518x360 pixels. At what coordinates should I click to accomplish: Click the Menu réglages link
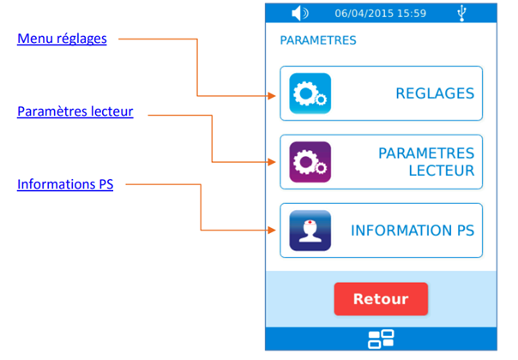62,39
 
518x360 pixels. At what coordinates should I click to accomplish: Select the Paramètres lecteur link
75,111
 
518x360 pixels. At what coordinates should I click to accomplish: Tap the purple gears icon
310,163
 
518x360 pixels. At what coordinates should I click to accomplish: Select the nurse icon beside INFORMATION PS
310,231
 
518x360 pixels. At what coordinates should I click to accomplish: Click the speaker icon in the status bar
299,13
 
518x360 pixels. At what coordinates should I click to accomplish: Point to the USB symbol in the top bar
463,13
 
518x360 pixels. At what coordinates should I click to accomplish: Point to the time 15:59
412,14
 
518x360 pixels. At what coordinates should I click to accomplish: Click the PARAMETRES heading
317,40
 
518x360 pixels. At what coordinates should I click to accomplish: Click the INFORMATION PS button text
412,231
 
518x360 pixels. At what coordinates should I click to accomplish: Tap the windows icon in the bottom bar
381,339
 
